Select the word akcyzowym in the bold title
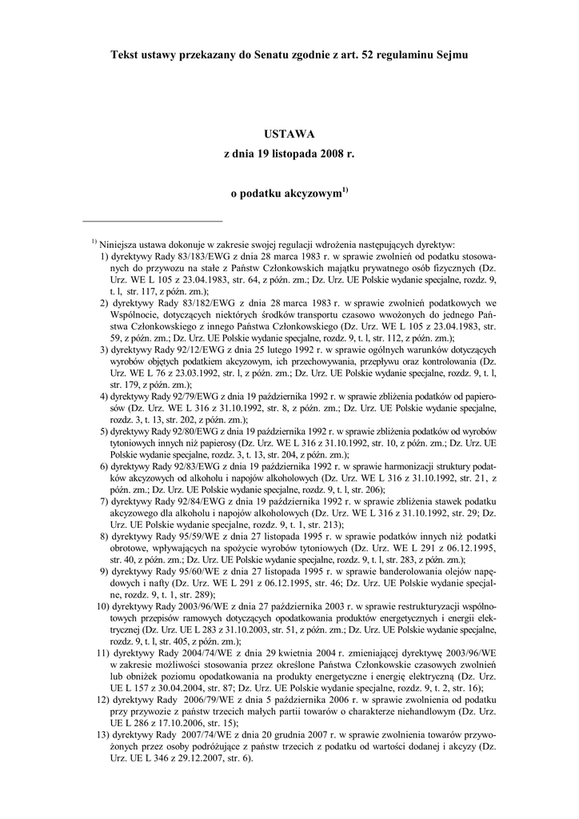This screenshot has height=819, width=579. (x=306, y=193)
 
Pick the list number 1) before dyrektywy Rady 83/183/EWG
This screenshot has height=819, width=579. (x=105, y=256)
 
